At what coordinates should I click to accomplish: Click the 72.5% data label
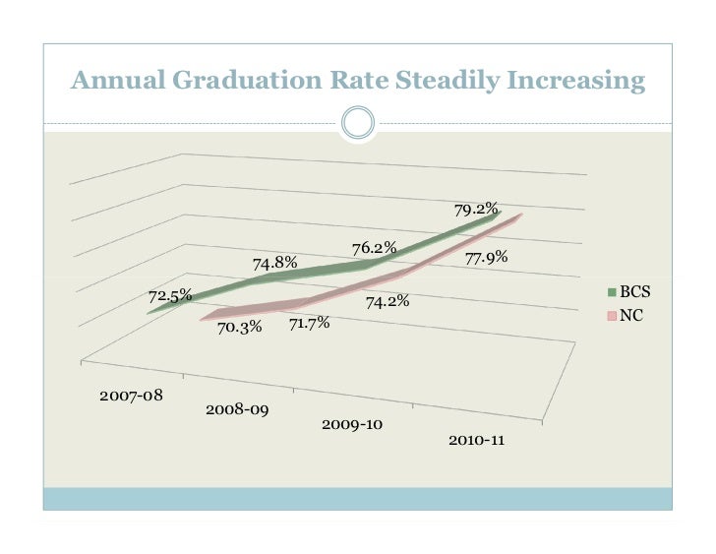(x=170, y=296)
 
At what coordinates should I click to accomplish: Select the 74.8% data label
(x=275, y=263)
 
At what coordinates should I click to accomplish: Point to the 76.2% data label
(x=375, y=248)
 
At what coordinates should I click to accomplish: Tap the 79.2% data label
(x=475, y=210)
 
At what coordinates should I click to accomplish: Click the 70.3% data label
(x=240, y=328)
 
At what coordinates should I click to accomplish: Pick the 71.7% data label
(x=309, y=323)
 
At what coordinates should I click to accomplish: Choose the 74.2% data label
(x=388, y=302)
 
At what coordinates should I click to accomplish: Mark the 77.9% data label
(x=486, y=258)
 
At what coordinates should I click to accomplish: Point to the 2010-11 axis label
(x=477, y=439)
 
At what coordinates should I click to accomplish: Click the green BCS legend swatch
(x=611, y=292)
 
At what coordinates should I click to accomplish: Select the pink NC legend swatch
(x=611, y=316)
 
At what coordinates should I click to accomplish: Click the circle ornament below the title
(x=357, y=123)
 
